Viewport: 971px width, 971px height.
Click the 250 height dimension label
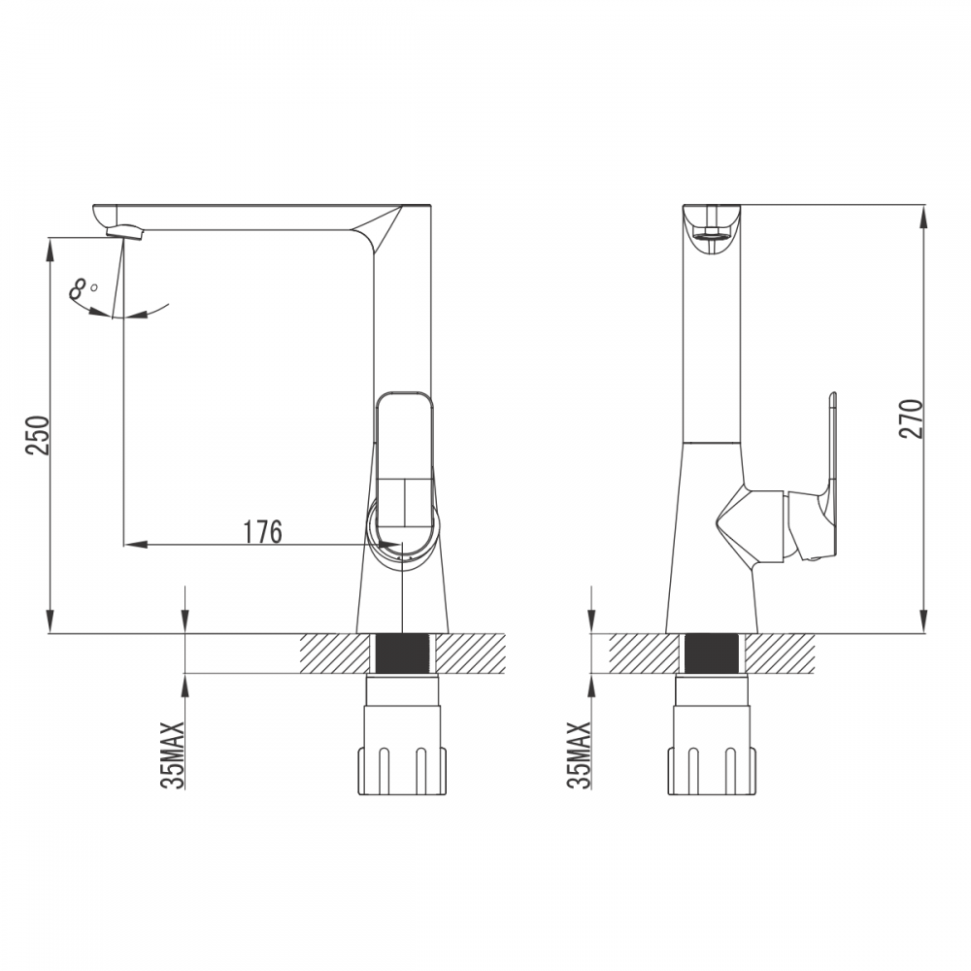(39, 435)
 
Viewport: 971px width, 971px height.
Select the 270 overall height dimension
(911, 419)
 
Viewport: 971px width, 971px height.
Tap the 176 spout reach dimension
(262, 531)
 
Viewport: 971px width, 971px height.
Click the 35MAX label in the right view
(579, 754)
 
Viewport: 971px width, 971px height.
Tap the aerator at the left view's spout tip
(125, 232)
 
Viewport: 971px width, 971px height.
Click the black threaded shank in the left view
(402, 653)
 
